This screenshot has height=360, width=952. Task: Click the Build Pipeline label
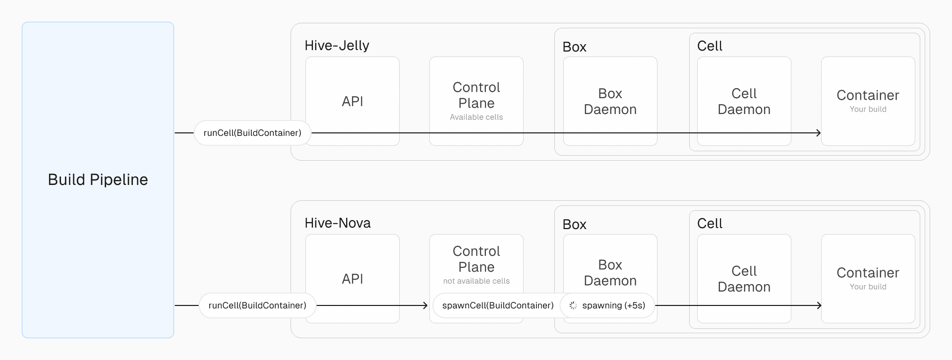click(98, 180)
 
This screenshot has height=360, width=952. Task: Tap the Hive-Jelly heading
click(337, 46)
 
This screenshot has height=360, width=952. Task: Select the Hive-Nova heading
click(337, 223)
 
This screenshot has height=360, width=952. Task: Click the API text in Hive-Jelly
click(352, 102)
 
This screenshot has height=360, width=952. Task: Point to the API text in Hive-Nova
click(352, 279)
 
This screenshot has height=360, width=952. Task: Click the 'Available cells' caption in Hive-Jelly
click(476, 117)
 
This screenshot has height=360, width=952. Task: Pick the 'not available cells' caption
click(476, 281)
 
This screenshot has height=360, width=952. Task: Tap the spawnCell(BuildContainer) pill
click(497, 305)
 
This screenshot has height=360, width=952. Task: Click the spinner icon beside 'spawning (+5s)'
click(573, 305)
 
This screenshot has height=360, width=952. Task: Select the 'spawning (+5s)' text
click(613, 305)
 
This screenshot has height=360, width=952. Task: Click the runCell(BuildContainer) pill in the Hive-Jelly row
click(252, 133)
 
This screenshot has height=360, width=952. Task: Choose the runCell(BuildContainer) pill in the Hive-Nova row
click(257, 305)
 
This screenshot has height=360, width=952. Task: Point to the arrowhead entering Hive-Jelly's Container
click(819, 133)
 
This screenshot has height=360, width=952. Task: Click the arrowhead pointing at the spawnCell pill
click(425, 305)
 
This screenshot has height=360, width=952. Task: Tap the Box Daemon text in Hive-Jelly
click(610, 102)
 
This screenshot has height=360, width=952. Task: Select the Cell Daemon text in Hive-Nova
click(744, 279)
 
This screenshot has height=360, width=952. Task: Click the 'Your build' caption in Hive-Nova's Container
click(868, 287)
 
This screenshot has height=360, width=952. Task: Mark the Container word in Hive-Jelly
click(868, 95)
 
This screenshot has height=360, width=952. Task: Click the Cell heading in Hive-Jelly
click(710, 46)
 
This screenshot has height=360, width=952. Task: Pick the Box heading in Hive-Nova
click(574, 225)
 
